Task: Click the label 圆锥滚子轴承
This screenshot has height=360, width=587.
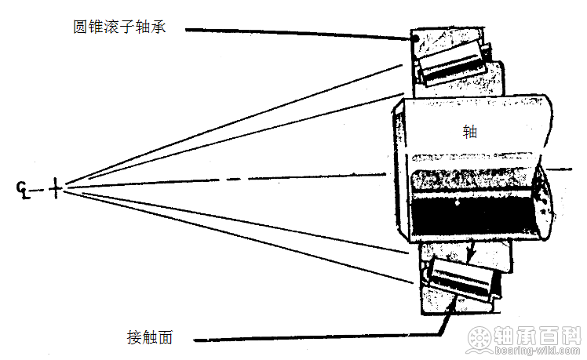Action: tap(119, 27)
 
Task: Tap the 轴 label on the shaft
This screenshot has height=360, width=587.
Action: tap(470, 132)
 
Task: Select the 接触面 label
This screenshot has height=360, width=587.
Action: tap(150, 337)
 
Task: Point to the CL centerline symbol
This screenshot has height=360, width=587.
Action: tap(24, 190)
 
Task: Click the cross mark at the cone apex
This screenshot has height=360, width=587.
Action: tap(55, 188)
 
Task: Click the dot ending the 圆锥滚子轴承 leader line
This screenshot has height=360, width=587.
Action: tap(415, 38)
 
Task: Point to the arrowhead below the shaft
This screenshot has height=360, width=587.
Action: tap(472, 254)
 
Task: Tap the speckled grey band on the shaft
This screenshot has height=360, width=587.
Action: tap(472, 181)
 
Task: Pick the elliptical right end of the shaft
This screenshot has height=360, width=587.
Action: tap(544, 202)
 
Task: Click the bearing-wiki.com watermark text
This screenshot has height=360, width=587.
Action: tap(538, 351)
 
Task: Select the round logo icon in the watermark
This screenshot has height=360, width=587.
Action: tap(479, 339)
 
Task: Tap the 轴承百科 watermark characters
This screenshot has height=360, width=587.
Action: tap(538, 336)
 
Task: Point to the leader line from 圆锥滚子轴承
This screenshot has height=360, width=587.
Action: tap(300, 34)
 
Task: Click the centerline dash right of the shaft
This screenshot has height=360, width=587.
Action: tap(560, 169)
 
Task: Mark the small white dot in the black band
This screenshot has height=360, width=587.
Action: tap(457, 204)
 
